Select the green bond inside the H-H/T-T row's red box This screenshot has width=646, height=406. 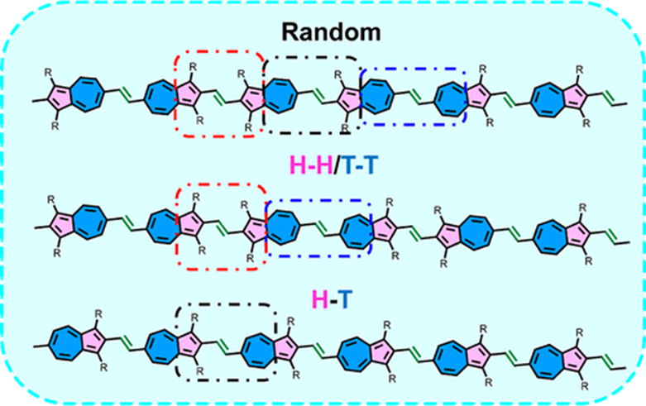pos(219,225)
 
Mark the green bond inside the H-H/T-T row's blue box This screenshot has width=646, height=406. pos(318,225)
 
